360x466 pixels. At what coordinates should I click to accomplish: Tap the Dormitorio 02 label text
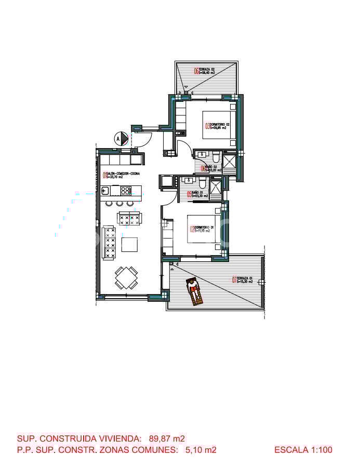[219, 126]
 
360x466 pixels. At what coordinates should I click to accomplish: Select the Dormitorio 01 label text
[203, 229]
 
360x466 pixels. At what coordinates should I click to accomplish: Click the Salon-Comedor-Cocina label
[121, 175]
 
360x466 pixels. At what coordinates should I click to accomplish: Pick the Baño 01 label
[198, 195]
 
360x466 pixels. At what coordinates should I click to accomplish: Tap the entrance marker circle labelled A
[121, 139]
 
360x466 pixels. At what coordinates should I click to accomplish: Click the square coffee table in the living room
[129, 244]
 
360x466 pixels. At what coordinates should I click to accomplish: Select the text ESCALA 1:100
[303, 450]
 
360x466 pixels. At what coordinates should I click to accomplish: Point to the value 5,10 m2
[201, 450]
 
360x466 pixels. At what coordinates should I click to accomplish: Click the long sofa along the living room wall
[109, 242]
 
